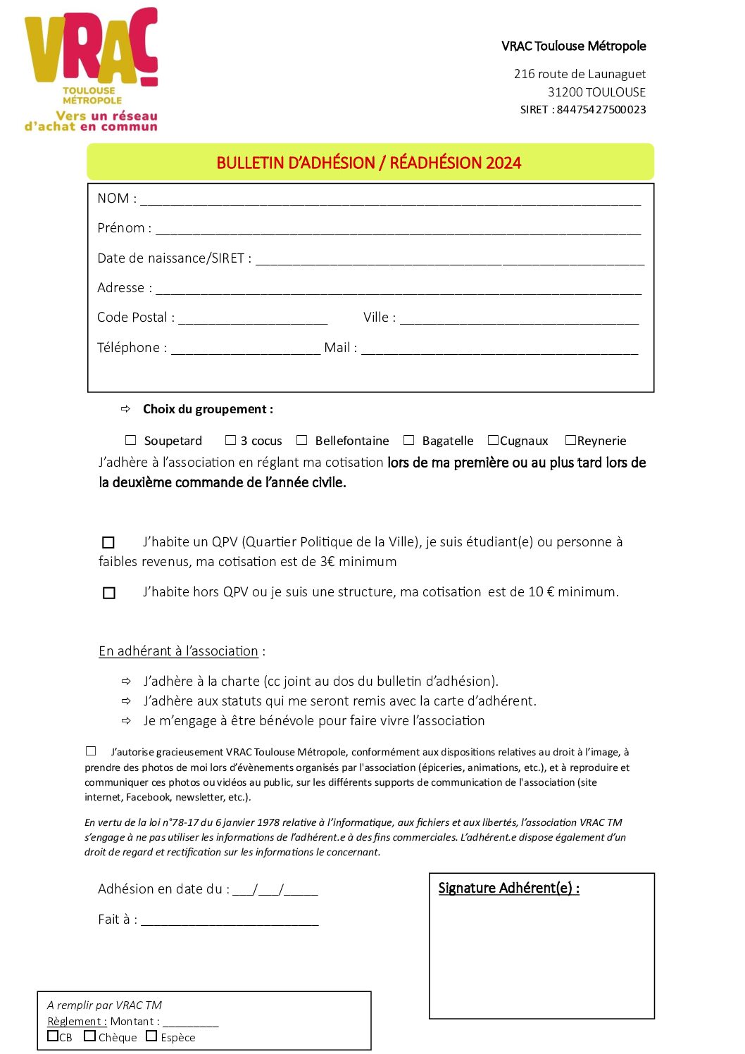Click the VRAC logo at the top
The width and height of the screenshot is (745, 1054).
pyautogui.click(x=92, y=69)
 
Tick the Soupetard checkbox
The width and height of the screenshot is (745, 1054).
pyautogui.click(x=130, y=440)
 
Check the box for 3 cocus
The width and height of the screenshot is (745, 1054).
pyautogui.click(x=230, y=440)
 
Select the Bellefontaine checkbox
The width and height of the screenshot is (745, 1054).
pyautogui.click(x=302, y=440)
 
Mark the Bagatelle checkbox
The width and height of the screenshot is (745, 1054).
pyautogui.click(x=408, y=440)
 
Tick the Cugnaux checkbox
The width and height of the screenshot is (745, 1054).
pyautogui.click(x=493, y=440)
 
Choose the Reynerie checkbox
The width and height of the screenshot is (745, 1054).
pyautogui.click(x=570, y=440)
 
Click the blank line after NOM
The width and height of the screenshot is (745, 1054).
pyautogui.click(x=390, y=200)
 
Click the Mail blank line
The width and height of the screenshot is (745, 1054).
pyautogui.click(x=499, y=349)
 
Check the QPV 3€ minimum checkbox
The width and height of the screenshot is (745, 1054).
pyautogui.click(x=108, y=542)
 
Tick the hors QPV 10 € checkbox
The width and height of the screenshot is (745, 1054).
pyautogui.click(x=109, y=593)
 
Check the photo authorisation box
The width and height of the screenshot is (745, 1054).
pyautogui.click(x=91, y=751)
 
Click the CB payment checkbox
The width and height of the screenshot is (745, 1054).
pyautogui.click(x=53, y=1036)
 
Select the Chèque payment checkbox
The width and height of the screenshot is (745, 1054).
pyautogui.click(x=89, y=1036)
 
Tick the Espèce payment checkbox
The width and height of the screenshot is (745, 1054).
pyautogui.click(x=151, y=1036)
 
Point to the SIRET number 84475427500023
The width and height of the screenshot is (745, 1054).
pyautogui.click(x=601, y=110)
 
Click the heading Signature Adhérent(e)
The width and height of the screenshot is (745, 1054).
pyautogui.click(x=508, y=888)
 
